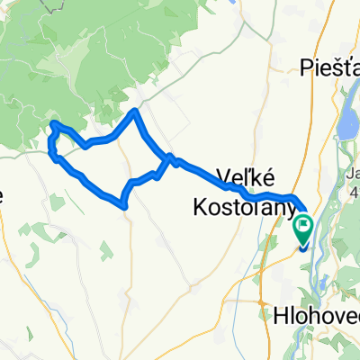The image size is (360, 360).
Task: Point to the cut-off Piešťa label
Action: pyautogui.click(x=329, y=66)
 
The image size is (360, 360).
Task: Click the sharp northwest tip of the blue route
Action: pyautogui.click(x=53, y=122)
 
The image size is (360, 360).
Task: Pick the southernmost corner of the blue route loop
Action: pyautogui.click(x=124, y=206)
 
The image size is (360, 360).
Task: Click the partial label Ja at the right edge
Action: pyautogui.click(x=353, y=174)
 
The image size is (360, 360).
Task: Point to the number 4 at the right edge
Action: pyautogui.click(x=355, y=191)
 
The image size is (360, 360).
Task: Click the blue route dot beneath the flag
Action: pyautogui.click(x=302, y=245)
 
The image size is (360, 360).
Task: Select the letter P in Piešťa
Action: pyautogui.click(x=304, y=66)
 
